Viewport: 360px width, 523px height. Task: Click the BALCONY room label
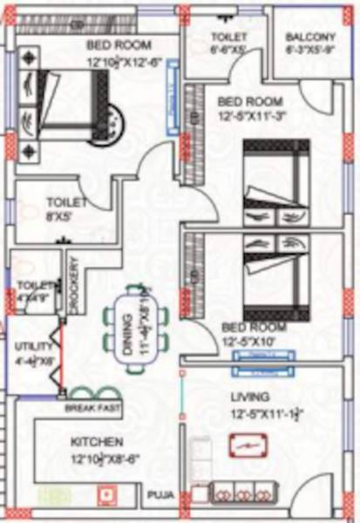pos(310,37)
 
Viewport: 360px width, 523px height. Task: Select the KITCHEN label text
pos(96,442)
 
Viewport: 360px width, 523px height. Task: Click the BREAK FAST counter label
pos(91,408)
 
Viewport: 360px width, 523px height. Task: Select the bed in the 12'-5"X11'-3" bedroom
pos(275,182)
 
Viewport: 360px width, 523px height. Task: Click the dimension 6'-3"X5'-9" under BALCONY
pos(310,51)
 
